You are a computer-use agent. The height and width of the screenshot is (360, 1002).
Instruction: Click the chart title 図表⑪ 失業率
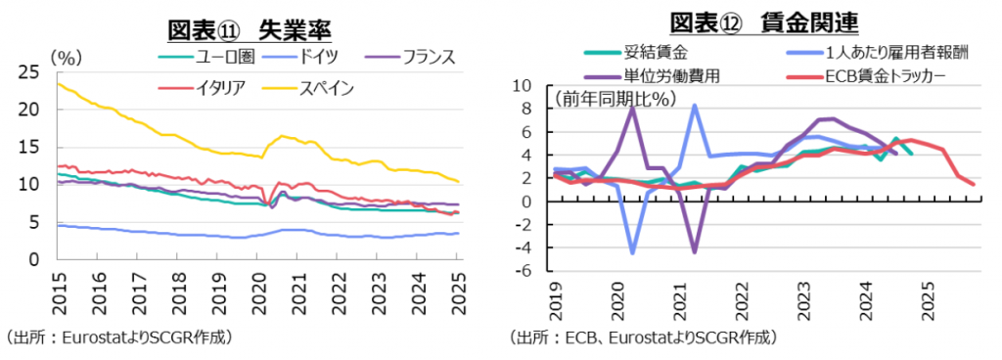[252, 29]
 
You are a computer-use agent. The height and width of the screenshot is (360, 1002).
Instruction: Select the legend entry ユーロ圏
[228, 57]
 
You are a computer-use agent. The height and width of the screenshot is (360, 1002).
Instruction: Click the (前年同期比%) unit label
[604, 98]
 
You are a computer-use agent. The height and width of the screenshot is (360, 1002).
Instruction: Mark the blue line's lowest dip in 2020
[632, 252]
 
